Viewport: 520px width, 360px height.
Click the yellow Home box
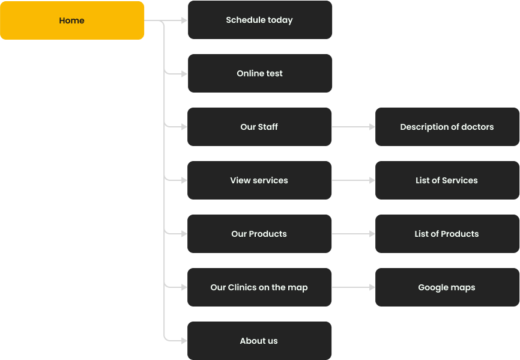[x=72, y=20]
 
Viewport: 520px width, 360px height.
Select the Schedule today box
[x=259, y=20]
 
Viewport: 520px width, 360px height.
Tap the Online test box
[x=259, y=73]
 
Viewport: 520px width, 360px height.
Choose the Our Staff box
[x=259, y=127]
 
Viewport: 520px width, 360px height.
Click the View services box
[x=259, y=180]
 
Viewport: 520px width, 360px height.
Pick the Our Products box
[x=259, y=234]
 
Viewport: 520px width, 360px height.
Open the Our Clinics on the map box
[x=259, y=287]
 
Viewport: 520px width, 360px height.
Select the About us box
[x=259, y=341]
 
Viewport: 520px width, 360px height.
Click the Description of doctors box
[x=447, y=127]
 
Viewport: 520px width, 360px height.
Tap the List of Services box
[x=447, y=180]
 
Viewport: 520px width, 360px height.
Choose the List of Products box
[x=447, y=234]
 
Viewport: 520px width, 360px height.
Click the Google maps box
[x=447, y=287]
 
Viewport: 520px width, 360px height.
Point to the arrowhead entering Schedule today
[x=184, y=20]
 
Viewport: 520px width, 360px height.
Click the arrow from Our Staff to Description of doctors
[x=354, y=127]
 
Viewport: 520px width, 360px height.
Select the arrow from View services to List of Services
[x=354, y=180]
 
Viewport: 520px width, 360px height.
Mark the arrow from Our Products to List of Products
[x=354, y=234]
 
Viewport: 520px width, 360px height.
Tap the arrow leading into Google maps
[x=354, y=287]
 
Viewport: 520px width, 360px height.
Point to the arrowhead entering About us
[x=184, y=340]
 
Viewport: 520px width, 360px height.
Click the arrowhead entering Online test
[x=184, y=74]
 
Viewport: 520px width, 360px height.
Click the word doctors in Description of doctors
[x=477, y=127]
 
